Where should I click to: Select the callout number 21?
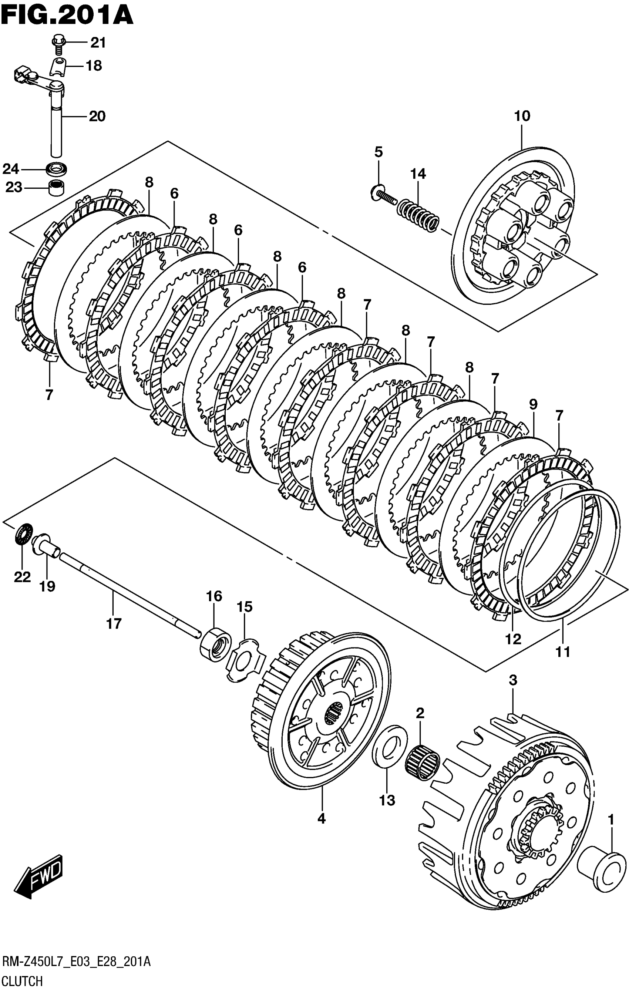point(98,43)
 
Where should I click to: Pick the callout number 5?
point(378,152)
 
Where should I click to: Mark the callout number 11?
point(563,652)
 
